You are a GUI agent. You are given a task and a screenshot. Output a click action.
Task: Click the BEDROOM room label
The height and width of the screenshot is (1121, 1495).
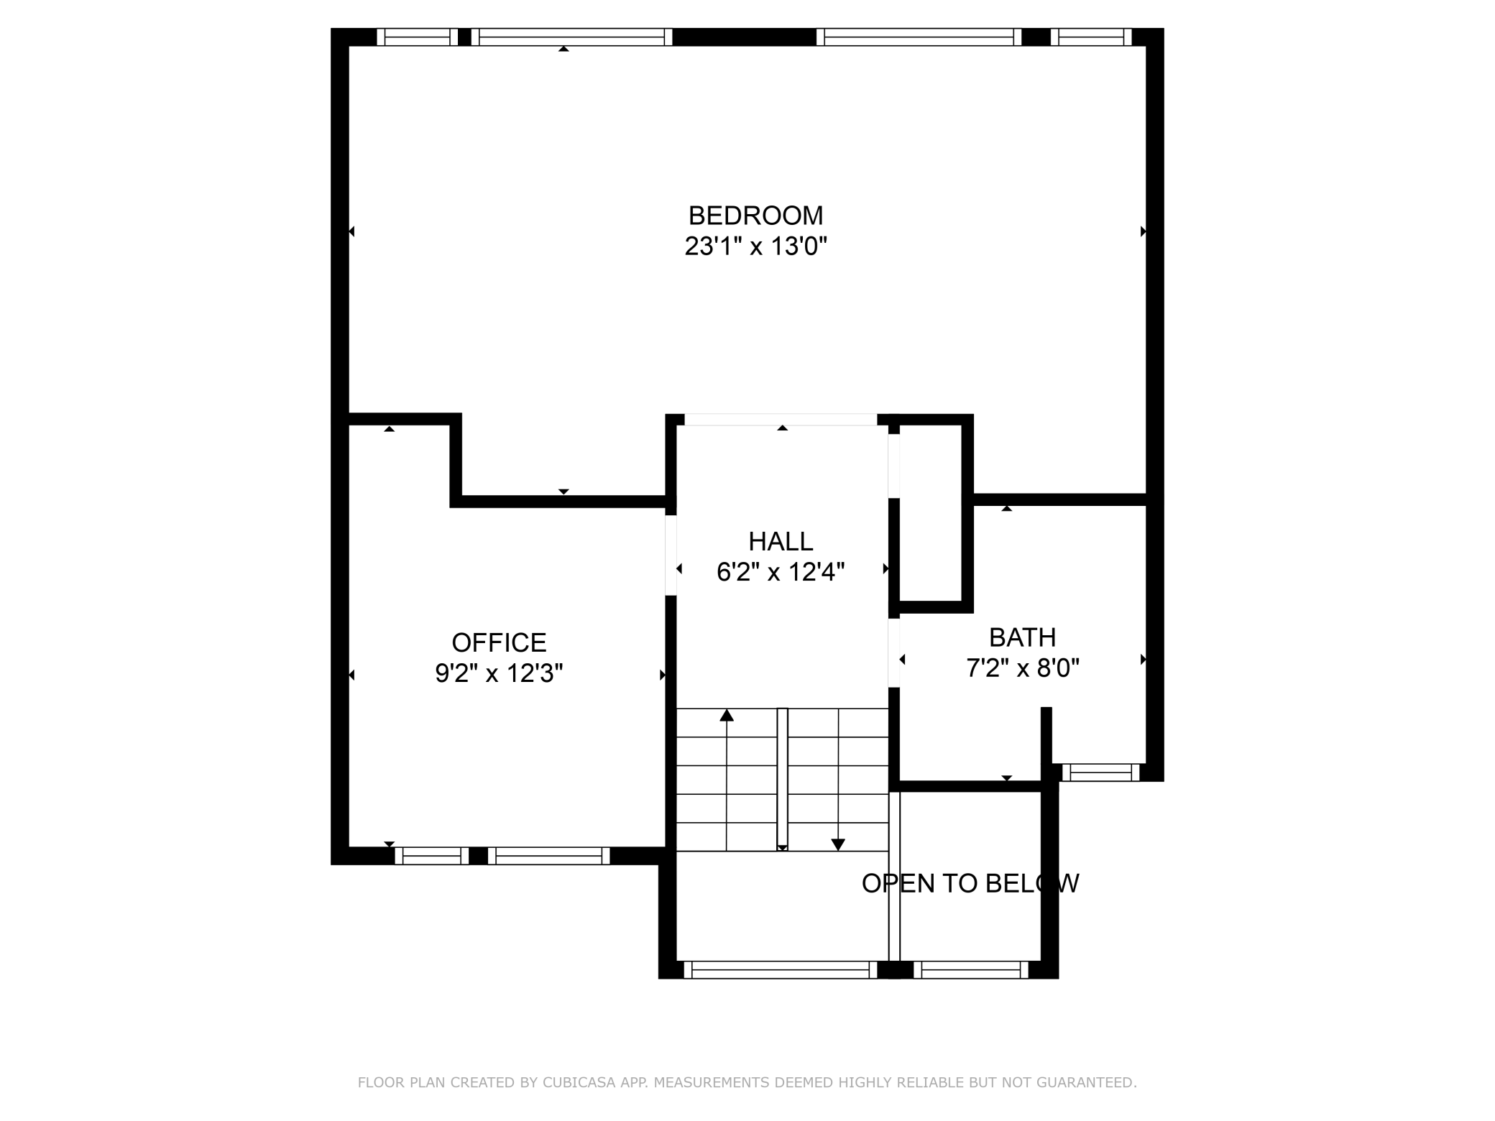pos(755,216)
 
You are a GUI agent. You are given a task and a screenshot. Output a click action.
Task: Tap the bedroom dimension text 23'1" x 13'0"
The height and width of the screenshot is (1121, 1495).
pos(755,246)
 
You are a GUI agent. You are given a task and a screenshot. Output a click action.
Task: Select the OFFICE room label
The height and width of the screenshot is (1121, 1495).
pos(499,642)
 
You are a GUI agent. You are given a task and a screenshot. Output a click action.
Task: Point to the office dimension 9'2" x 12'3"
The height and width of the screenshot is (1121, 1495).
pos(499,673)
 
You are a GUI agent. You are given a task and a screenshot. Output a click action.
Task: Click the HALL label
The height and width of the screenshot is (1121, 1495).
pos(781,541)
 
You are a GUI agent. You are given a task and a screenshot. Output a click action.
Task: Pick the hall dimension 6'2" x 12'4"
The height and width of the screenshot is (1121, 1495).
pos(781,572)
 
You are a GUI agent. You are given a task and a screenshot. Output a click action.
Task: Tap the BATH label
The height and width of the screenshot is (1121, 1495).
pos(1022,637)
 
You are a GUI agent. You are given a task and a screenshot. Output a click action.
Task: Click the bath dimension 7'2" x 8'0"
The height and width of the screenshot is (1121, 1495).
pos(1022,668)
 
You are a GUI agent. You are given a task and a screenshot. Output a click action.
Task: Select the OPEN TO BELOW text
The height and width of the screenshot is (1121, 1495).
pos(970,883)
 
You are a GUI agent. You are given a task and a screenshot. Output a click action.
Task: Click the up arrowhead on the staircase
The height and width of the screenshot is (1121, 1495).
pos(727,715)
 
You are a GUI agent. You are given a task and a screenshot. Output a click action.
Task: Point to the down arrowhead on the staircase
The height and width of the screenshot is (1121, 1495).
pos(838,844)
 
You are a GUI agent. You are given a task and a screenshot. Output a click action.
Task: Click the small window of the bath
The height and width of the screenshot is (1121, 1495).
pos(1100,772)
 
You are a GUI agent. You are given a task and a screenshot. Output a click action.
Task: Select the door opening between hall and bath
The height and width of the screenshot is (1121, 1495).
pos(894,652)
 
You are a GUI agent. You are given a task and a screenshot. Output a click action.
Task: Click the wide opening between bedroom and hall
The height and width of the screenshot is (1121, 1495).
pos(781,420)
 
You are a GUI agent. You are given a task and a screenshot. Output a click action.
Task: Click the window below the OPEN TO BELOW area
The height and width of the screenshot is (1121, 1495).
pos(971,970)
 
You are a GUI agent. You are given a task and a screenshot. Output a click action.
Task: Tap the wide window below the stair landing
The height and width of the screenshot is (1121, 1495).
pos(781,970)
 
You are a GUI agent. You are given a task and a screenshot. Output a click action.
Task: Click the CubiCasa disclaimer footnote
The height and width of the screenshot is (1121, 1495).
pos(747,1082)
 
